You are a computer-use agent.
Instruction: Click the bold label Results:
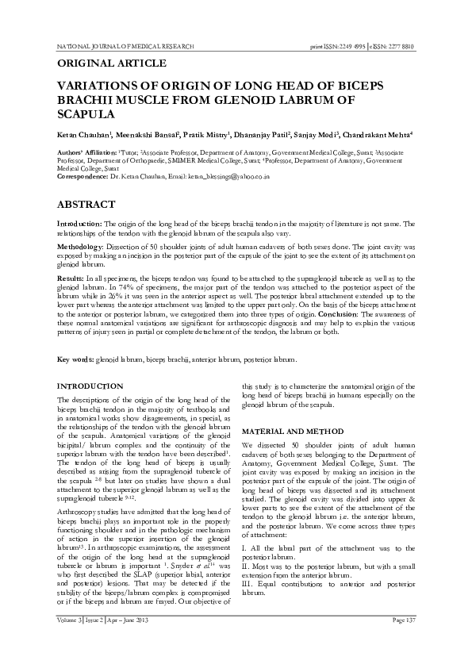tap(71, 281)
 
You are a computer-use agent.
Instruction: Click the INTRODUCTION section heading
tap(90, 386)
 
